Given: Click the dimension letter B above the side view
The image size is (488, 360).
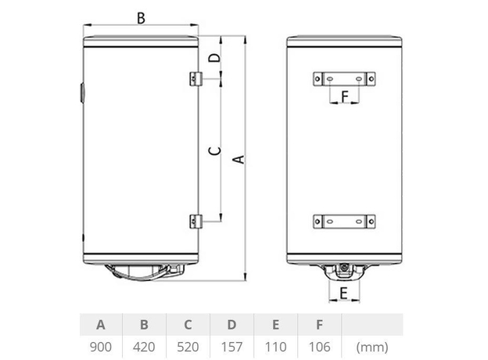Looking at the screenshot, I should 141,18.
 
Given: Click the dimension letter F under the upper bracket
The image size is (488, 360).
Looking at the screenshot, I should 343,96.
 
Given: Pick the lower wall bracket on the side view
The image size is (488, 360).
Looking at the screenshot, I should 196,221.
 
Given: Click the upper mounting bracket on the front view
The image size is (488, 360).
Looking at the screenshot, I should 343,78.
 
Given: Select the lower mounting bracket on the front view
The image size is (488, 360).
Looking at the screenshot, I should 343,221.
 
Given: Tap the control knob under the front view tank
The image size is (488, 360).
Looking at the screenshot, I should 344,271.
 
